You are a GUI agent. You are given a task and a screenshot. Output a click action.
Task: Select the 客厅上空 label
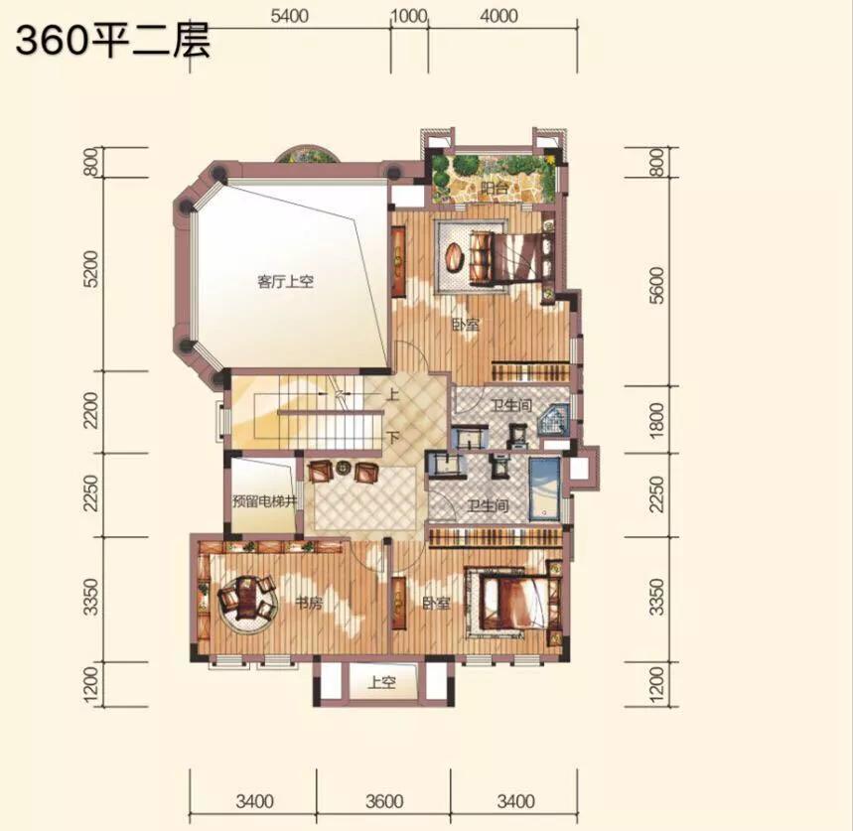point(285,282)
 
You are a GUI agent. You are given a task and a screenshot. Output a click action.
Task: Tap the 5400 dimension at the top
point(289,16)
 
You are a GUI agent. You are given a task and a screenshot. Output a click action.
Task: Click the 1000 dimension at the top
point(408,16)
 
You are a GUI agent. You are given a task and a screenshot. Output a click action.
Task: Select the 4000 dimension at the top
point(498,16)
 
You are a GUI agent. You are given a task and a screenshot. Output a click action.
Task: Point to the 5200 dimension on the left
point(92,270)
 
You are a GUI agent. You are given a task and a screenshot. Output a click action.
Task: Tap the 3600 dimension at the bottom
point(383,800)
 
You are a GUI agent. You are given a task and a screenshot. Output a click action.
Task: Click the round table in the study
point(244,600)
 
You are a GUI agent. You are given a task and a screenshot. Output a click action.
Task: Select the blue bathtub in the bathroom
point(544,487)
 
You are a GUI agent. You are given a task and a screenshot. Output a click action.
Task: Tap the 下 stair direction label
point(392,438)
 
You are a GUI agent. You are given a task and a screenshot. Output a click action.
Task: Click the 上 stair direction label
point(392,394)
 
